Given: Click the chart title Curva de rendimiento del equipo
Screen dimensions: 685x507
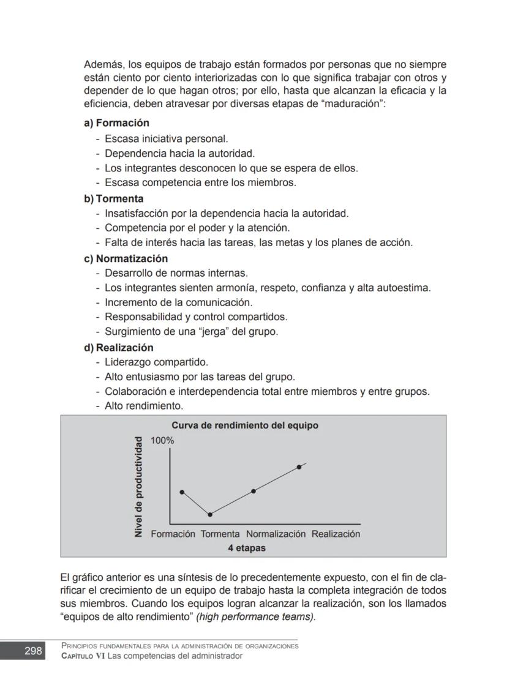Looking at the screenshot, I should coord(244,425).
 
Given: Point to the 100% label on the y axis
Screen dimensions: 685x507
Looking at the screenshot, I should coord(162,441).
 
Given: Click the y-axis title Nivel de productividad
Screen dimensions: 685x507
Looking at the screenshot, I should coord(138,487).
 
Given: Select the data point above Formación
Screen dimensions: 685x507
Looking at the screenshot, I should coord(182,492).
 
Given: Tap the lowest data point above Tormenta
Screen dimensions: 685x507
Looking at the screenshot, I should coord(210,515).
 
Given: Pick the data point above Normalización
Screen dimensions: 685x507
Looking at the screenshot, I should coord(254,491).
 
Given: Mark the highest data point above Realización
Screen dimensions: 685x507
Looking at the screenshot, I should coord(299,467).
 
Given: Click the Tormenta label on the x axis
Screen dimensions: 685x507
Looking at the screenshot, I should coord(220,534).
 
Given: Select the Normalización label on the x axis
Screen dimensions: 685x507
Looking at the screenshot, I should coord(276,534).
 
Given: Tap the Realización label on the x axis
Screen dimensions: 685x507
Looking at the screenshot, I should coord(336,534).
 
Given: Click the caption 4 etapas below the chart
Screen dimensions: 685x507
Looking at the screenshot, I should coord(247,548).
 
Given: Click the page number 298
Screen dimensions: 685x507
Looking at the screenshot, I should coord(33,651).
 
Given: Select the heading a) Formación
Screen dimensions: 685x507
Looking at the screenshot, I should coord(116,123).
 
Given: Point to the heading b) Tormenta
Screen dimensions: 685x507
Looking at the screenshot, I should coord(114,199).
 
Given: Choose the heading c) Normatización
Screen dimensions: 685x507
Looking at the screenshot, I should coord(126,258).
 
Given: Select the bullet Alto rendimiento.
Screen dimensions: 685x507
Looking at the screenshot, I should coord(144,406).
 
